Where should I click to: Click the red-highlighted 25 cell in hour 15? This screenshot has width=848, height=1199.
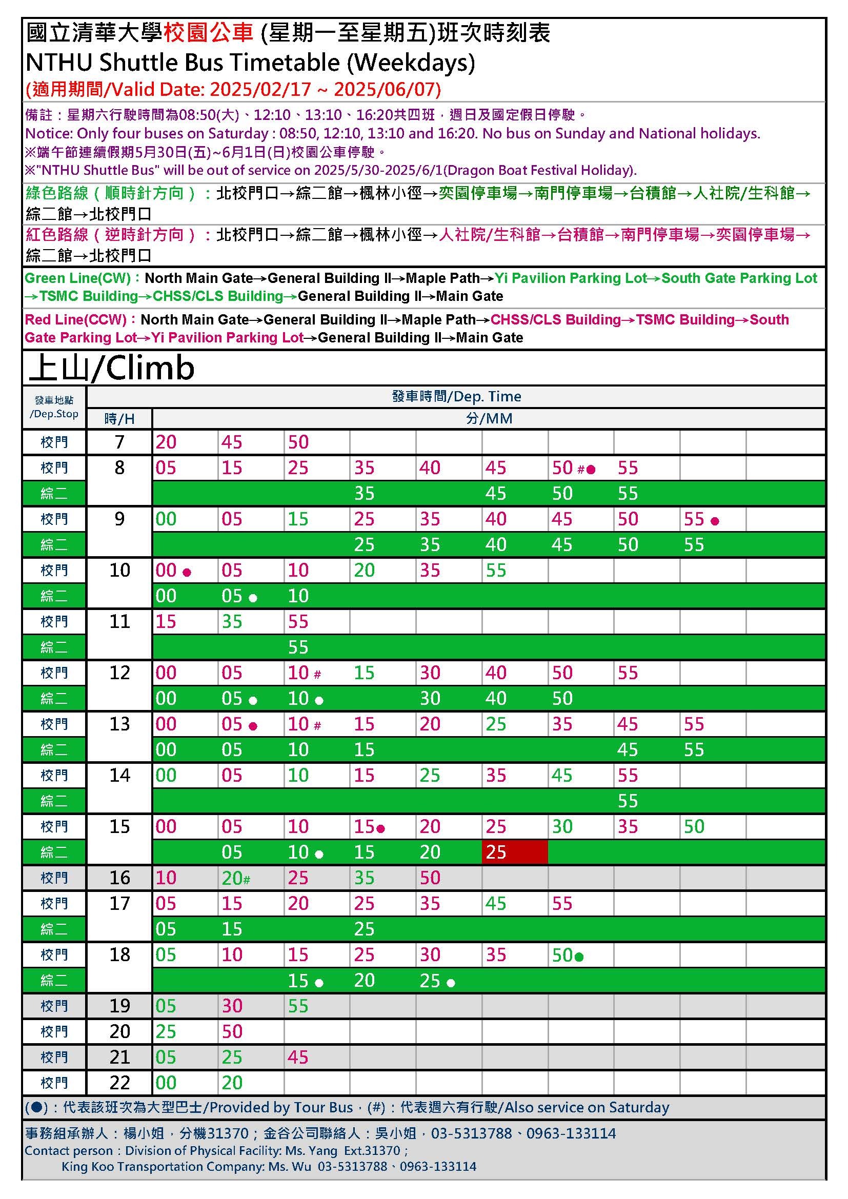(514, 852)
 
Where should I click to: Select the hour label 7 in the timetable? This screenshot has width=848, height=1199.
(119, 442)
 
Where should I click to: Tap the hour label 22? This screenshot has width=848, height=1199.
(119, 1082)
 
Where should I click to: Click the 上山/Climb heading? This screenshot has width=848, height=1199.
(111, 368)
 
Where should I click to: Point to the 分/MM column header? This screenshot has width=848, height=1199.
(489, 419)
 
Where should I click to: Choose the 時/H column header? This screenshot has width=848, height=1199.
(119, 419)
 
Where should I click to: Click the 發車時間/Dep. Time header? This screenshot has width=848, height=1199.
(456, 396)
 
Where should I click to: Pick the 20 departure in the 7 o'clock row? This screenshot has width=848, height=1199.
(166, 442)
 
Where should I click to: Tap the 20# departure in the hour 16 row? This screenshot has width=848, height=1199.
(235, 878)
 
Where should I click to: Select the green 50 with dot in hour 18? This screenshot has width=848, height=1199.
(567, 955)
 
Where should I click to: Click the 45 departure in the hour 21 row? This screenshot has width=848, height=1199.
(298, 1057)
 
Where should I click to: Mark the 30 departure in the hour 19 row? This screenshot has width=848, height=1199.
(232, 1006)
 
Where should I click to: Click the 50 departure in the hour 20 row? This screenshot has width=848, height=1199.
(232, 1031)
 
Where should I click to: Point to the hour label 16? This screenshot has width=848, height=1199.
(119, 878)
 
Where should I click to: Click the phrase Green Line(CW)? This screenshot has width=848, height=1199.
(77, 278)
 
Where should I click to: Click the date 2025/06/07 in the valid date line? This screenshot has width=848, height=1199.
(387, 89)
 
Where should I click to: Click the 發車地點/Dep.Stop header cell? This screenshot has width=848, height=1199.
(54, 408)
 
